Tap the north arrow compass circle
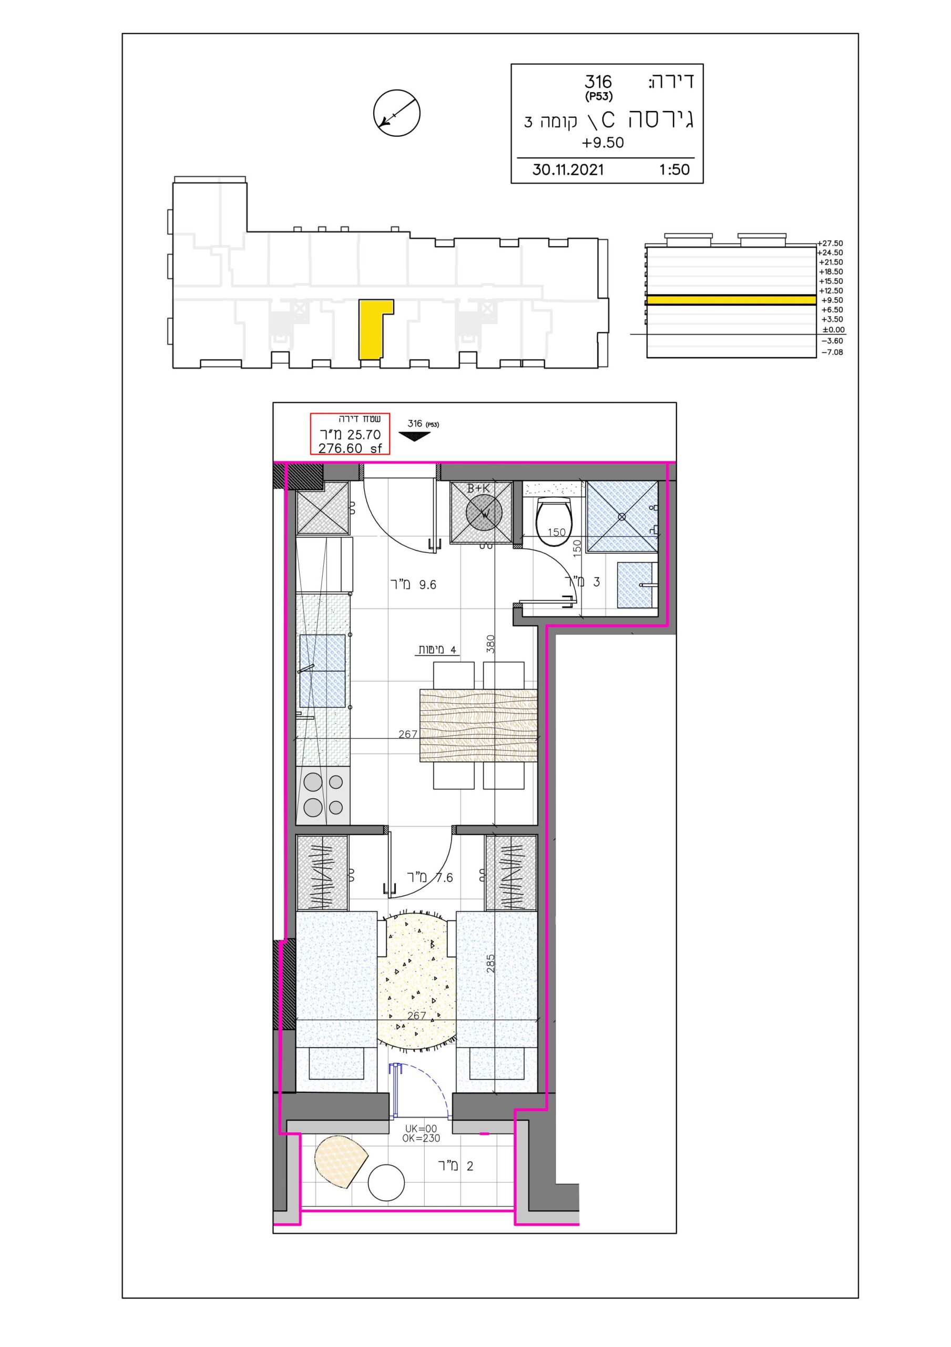click(x=397, y=113)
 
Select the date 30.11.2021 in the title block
click(x=568, y=170)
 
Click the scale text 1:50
click(x=674, y=170)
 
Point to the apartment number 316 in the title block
click(x=598, y=82)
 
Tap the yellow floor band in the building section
click(x=731, y=300)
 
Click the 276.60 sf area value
click(x=350, y=449)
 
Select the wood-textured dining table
click(x=478, y=726)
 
